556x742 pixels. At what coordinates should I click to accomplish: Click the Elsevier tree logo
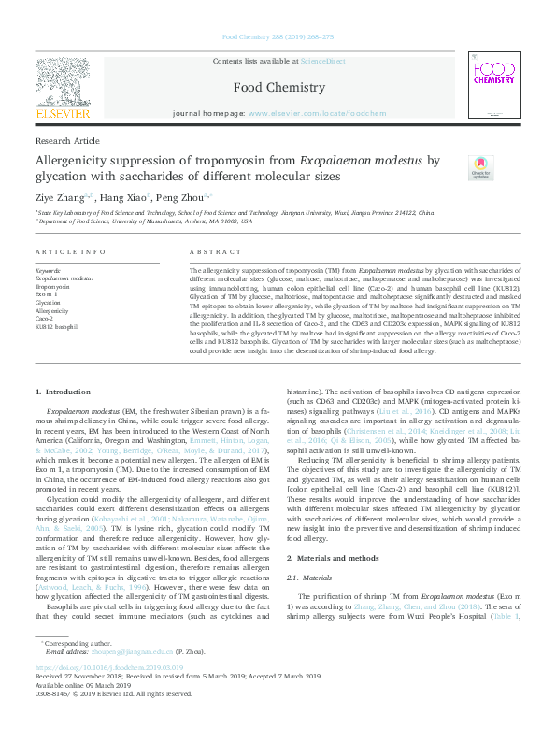tap(63, 83)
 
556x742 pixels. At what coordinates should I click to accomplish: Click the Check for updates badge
tap(480, 167)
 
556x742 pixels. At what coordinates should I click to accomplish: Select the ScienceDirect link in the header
tap(324, 61)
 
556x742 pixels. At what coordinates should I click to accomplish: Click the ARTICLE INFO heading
tap(70, 252)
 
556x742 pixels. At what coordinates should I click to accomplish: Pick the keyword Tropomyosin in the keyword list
tap(53, 287)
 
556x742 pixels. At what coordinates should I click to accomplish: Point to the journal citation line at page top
tap(278, 36)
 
